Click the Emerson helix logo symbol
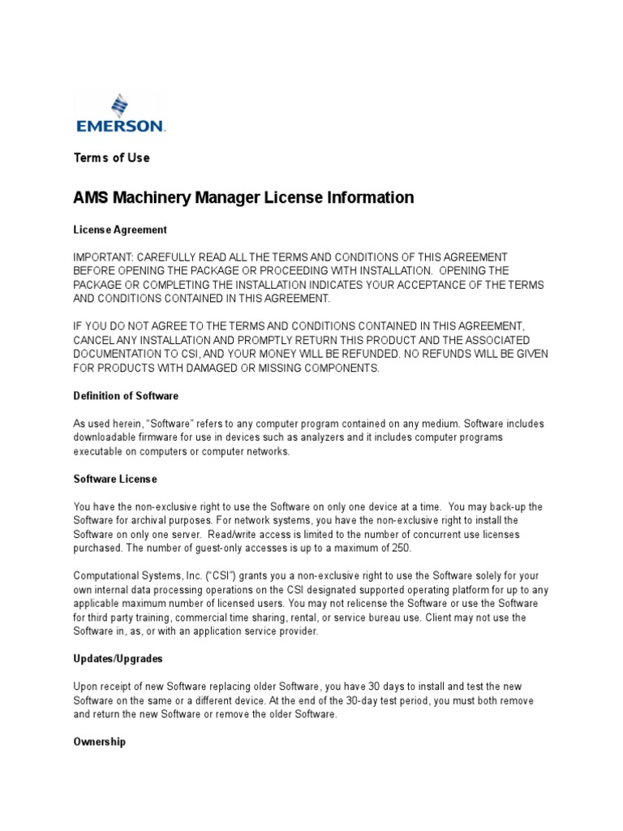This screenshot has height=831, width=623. (120, 105)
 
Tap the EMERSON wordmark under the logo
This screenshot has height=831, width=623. (120, 127)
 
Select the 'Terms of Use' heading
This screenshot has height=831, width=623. (112, 157)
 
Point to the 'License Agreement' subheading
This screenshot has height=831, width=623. (121, 230)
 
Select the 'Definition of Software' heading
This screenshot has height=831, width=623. (126, 396)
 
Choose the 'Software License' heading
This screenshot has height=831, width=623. (115, 479)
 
